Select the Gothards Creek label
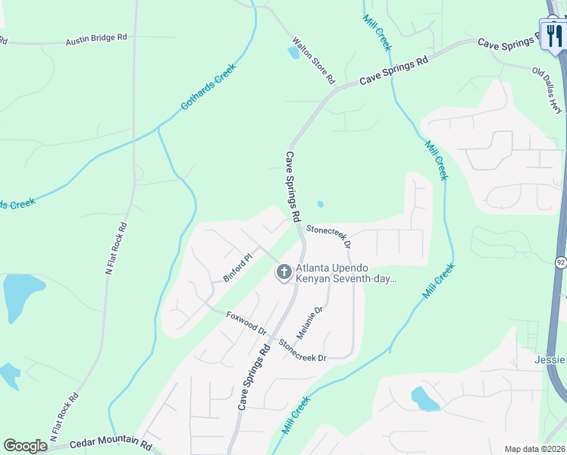click(208, 86)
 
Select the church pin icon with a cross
click(284, 271)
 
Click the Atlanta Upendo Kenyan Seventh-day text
click(343, 274)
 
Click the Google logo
click(25, 446)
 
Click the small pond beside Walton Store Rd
click(293, 53)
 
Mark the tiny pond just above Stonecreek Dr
click(320, 204)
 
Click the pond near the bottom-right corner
click(423, 398)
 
